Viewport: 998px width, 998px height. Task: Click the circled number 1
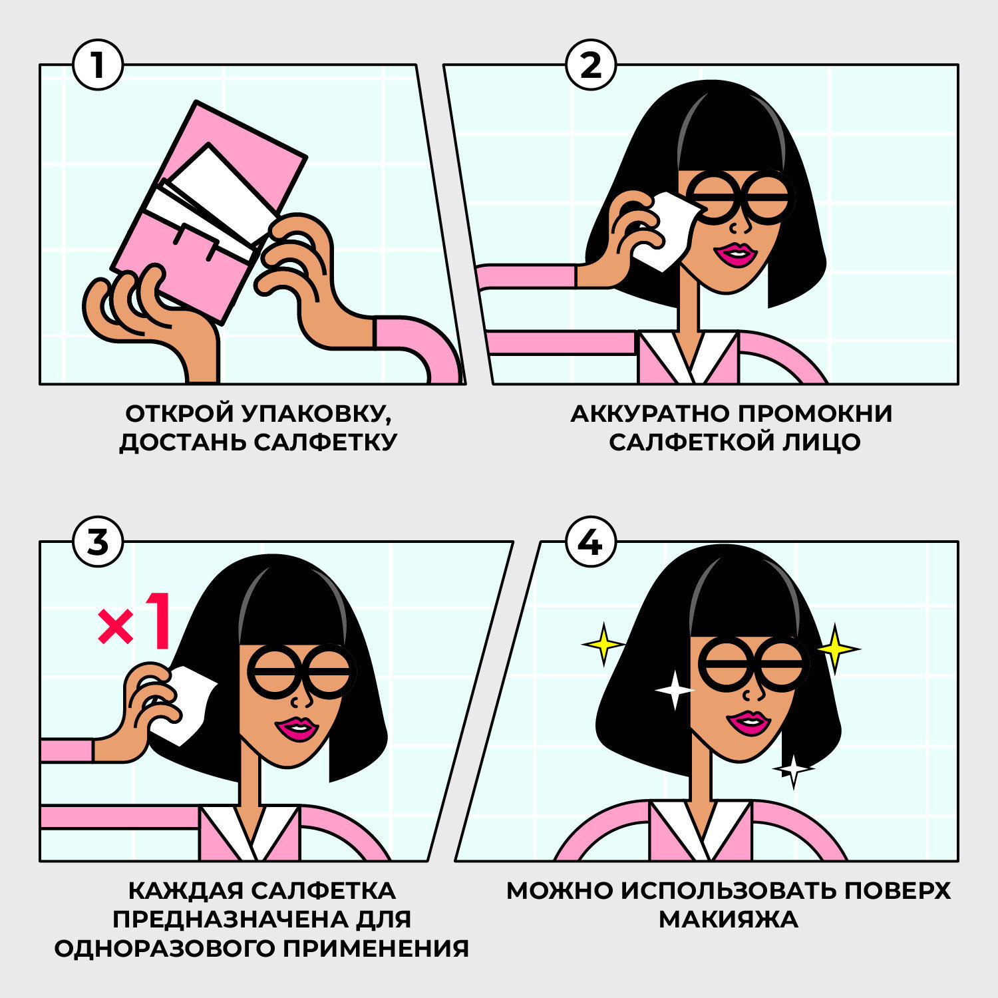click(98, 65)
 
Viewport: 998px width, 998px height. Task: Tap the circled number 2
click(591, 65)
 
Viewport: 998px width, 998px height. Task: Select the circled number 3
click(98, 542)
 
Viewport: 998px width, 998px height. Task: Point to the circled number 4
click(591, 542)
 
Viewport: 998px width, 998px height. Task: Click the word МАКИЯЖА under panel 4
click(729, 919)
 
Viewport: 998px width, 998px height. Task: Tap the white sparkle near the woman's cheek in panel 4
click(675, 690)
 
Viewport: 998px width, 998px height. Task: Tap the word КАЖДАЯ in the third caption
click(180, 891)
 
